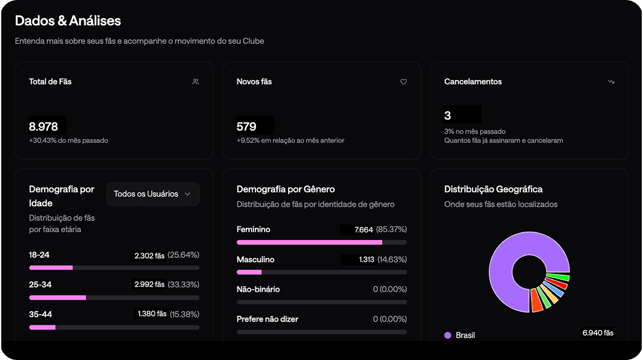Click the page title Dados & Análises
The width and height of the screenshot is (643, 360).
point(68,21)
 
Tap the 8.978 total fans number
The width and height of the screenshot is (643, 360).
point(44,127)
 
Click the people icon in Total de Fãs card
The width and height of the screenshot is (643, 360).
point(196,82)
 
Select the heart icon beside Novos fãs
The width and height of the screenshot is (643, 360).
point(404,82)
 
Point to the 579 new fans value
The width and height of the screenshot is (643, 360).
point(247,127)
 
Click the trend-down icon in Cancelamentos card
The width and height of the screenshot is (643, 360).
point(611,82)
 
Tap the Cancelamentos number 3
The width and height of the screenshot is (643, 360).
point(448,116)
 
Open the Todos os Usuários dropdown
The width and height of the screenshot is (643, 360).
point(153,194)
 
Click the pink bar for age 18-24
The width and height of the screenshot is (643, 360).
point(51,268)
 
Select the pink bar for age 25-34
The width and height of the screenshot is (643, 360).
point(57,298)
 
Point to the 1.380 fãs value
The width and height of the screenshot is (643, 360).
point(151,314)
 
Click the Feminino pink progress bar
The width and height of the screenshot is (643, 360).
point(309,242)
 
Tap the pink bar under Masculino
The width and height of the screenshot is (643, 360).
point(249,272)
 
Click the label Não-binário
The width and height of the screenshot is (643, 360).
point(258,289)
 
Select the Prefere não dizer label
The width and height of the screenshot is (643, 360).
point(267,319)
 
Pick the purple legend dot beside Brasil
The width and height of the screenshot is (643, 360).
point(448,335)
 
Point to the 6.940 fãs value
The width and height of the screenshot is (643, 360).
point(598,333)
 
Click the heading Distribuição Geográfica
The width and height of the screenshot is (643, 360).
point(493,189)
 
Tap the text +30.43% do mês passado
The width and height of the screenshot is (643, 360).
point(68,141)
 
